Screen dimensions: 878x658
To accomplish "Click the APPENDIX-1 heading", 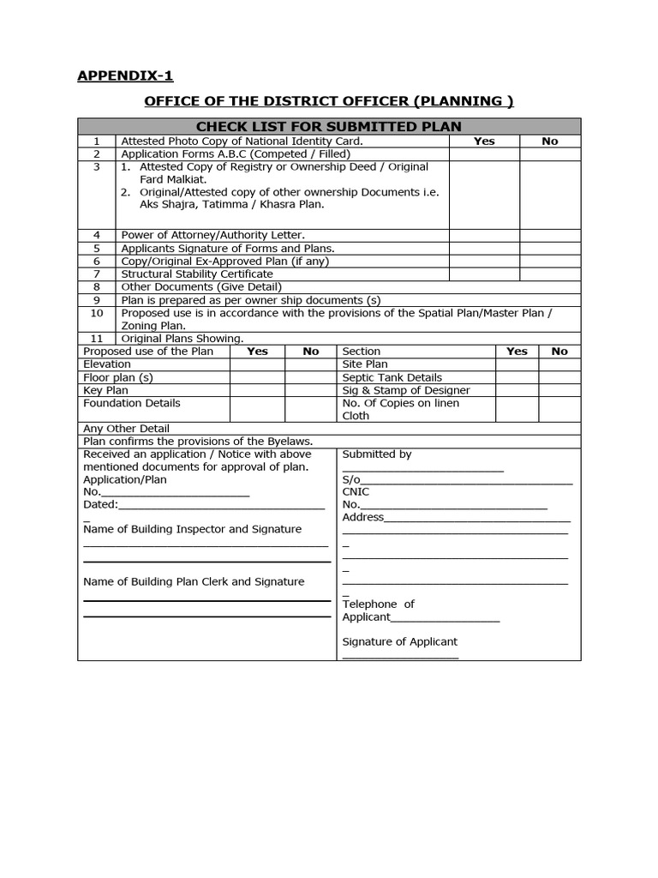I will coord(125,75).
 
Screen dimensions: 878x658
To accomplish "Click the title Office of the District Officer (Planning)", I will coord(329,101).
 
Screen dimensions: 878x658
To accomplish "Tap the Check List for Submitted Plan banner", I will coord(329,127).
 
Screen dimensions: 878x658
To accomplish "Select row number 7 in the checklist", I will coord(97,274).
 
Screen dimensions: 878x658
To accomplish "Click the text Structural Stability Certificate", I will coord(197,274).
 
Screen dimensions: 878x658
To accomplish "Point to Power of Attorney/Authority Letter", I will coord(212,234).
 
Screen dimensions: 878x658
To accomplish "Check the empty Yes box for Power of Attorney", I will coord(484,234).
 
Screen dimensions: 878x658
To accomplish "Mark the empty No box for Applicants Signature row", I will coord(549,248).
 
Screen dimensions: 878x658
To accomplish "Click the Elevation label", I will coord(107,364).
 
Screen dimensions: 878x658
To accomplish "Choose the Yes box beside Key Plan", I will coord(257,390).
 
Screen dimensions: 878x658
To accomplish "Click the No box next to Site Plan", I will coord(559,364).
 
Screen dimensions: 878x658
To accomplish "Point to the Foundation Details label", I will coord(132,403).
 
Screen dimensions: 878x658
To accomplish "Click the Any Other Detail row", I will coord(126,428).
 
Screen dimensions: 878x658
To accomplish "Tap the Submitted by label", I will coord(377,454).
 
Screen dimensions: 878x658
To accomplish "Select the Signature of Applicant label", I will coord(399,641).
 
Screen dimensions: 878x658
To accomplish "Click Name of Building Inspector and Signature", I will coord(192,529).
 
